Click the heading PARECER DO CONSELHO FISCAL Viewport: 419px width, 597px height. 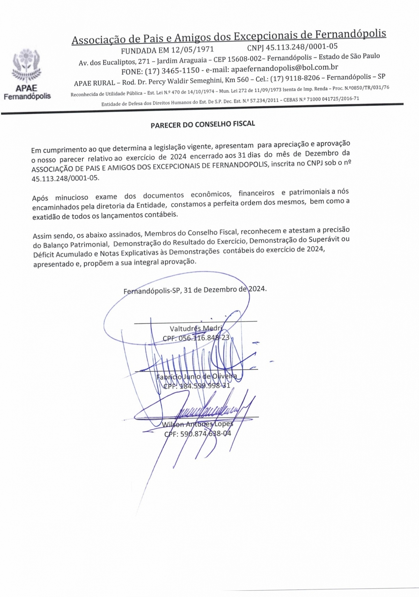tap(203, 124)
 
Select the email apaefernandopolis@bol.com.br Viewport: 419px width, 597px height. tap(285, 68)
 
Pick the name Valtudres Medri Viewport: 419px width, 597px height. tap(196, 328)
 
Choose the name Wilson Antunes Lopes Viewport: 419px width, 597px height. tap(197, 424)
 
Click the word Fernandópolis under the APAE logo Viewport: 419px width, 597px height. tap(27, 96)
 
